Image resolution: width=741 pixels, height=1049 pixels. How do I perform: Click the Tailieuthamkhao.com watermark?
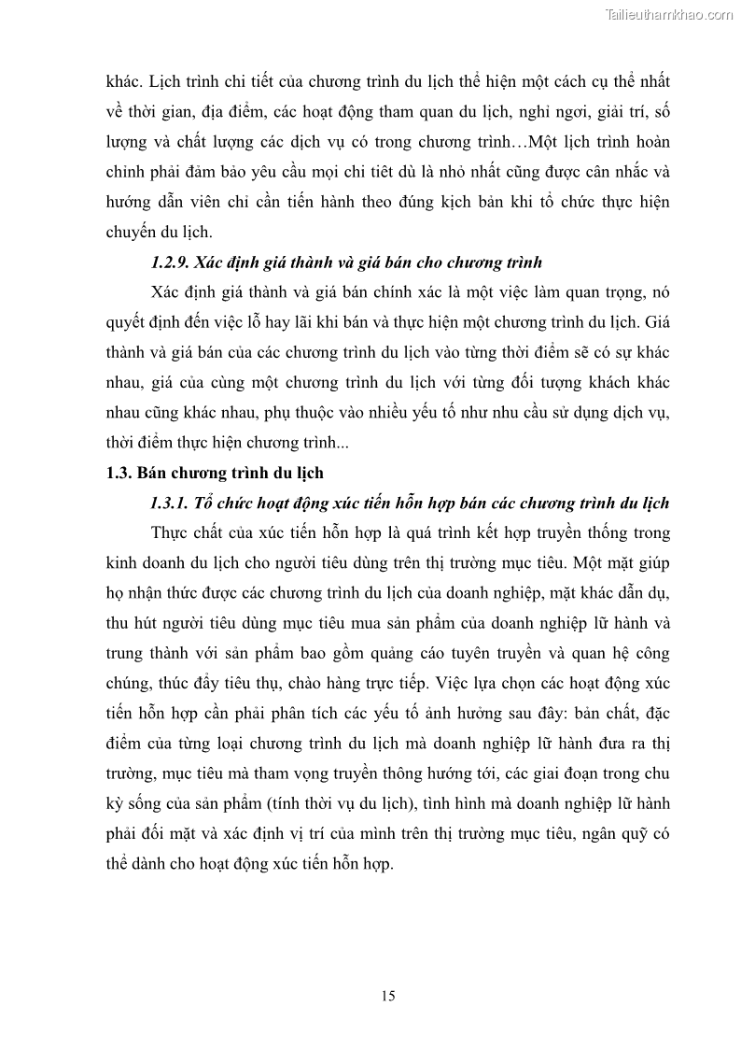[x=669, y=14]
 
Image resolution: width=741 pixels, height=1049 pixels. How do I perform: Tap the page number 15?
[x=388, y=996]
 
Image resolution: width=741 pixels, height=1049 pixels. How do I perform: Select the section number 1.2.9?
[x=170, y=261]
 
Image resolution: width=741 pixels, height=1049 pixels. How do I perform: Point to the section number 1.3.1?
[x=170, y=503]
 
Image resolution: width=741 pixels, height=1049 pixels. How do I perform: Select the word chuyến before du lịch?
[x=133, y=231]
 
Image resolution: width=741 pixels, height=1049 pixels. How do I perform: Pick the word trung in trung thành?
[x=126, y=653]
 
